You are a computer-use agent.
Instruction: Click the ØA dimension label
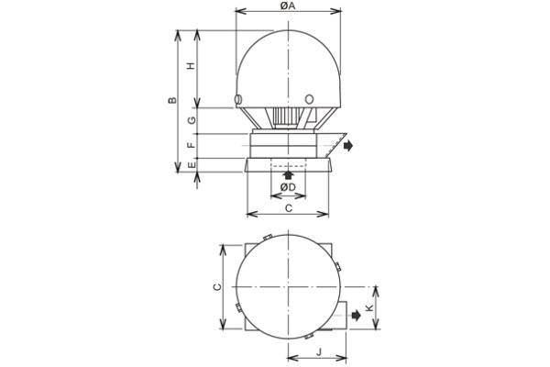point(288,6)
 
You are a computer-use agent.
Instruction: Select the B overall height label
point(172,100)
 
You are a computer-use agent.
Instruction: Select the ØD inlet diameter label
point(288,187)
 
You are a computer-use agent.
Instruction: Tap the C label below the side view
point(289,208)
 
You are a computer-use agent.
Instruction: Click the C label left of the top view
point(217,287)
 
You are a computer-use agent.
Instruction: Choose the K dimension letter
point(369,309)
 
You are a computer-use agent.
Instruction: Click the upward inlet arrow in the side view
point(289,173)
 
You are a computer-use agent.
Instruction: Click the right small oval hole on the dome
point(309,99)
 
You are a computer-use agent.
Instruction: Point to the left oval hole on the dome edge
point(239,99)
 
